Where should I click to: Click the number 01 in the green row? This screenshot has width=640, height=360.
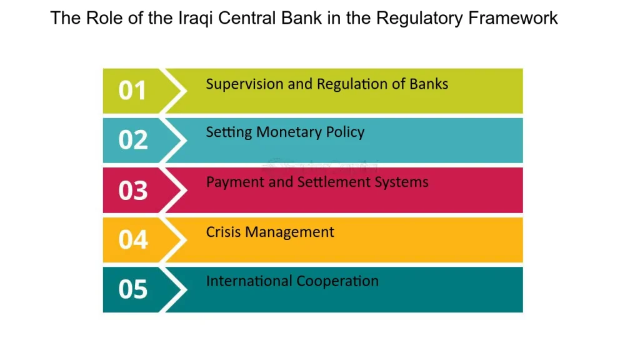point(132,91)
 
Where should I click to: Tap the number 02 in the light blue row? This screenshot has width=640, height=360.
point(132,140)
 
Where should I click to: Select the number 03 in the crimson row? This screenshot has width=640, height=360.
point(132,190)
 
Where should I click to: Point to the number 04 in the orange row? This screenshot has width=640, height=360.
point(132,239)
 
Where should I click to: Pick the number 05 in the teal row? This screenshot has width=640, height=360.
point(132,289)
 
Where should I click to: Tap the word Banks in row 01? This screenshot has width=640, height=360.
point(429,84)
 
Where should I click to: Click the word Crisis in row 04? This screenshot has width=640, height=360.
point(223,232)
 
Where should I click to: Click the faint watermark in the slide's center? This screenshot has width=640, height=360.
point(320,167)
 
